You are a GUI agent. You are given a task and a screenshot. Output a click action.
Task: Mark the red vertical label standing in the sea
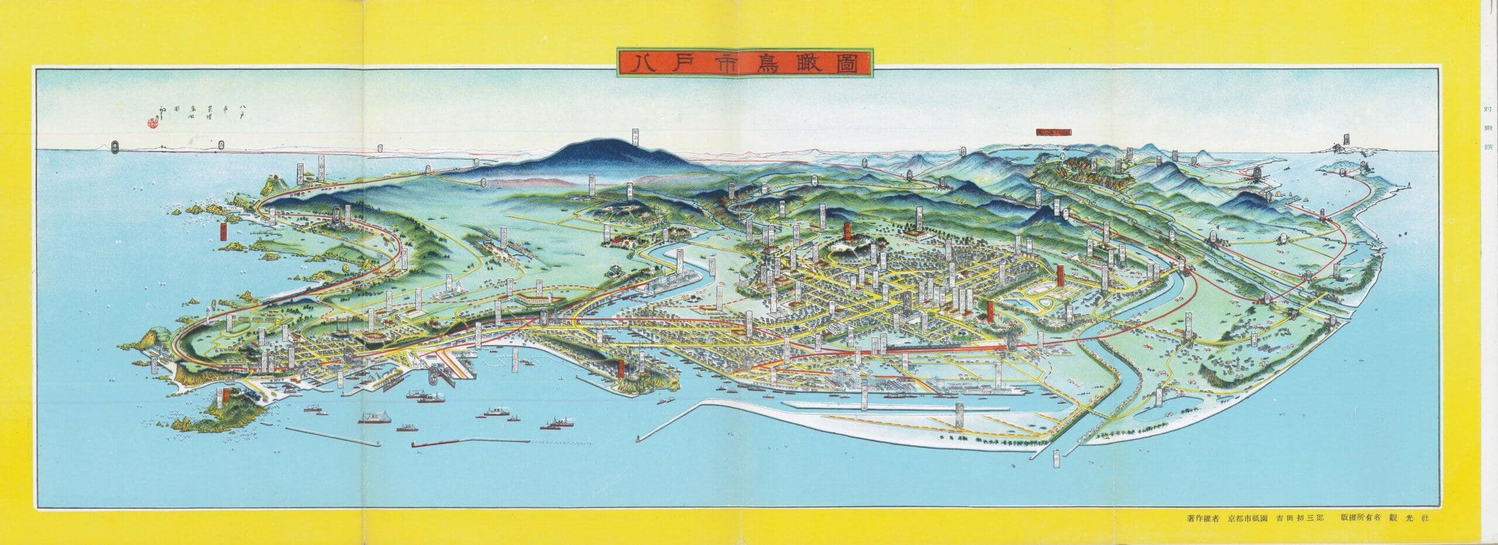pos(223,232)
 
